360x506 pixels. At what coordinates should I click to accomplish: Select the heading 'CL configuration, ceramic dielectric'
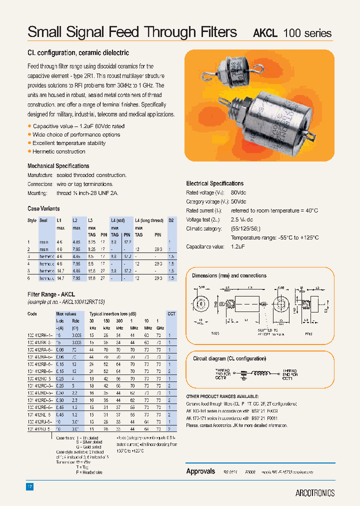pyautogui.click(x=78, y=52)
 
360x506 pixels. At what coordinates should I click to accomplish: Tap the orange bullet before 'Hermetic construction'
pyautogui.click(x=29, y=151)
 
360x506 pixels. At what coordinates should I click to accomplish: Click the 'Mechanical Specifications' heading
pyautogui.click(x=58, y=166)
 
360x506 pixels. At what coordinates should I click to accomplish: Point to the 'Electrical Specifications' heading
pyautogui.click(x=214, y=183)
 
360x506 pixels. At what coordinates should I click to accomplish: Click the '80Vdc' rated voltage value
pyautogui.click(x=238, y=192)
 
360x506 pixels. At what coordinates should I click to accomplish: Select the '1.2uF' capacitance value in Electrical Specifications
pyautogui.click(x=238, y=246)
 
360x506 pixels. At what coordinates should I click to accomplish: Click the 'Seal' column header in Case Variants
pyautogui.click(x=43, y=220)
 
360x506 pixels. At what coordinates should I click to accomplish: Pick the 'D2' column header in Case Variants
pyautogui.click(x=171, y=220)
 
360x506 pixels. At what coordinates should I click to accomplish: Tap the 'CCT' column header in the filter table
pyautogui.click(x=171, y=314)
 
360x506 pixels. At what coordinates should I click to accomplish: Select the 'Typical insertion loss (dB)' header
pyautogui.click(x=113, y=314)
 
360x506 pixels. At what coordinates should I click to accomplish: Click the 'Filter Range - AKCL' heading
pyautogui.click(x=51, y=295)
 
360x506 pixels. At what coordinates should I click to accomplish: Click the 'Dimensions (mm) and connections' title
pyautogui.click(x=229, y=275)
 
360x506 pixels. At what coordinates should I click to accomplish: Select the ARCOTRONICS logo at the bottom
pyautogui.click(x=314, y=492)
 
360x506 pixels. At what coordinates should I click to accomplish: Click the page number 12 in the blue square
pyautogui.click(x=30, y=486)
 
